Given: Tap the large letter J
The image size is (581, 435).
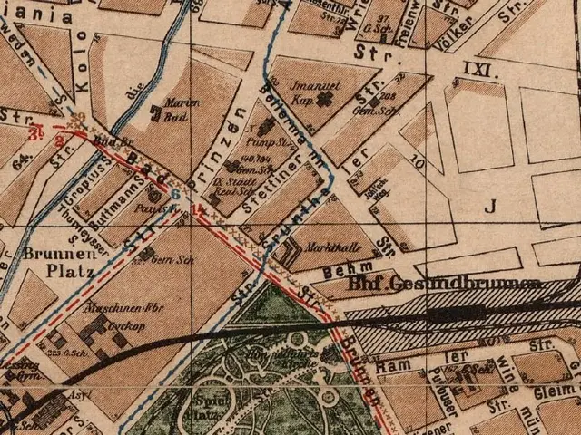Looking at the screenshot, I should [491, 206].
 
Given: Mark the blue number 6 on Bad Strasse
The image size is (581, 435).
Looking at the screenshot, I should [175, 193].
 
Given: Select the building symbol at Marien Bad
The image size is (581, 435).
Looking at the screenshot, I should [157, 114].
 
